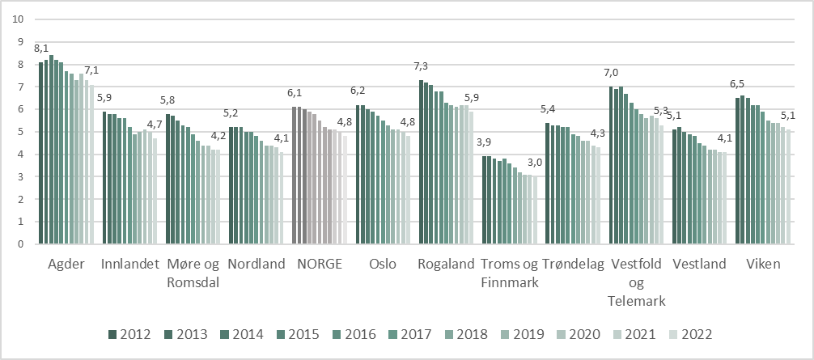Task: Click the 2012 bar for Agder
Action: [x=41, y=153]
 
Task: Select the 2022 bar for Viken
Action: [x=790, y=187]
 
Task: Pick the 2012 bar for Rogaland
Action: [x=421, y=162]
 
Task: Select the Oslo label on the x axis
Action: [x=382, y=263]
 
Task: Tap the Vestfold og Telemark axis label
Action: [x=638, y=282]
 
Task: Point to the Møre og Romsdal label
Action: [x=193, y=272]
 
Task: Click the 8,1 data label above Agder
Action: [x=41, y=49]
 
